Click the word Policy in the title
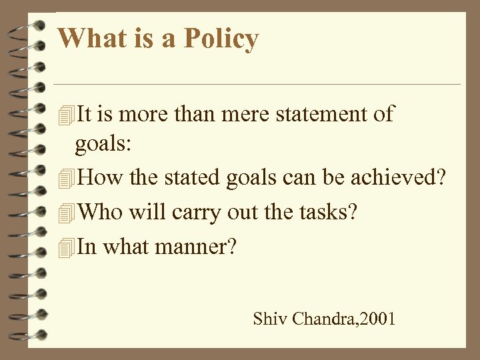(219, 39)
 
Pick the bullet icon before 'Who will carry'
(65, 214)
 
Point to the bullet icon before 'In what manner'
(65, 248)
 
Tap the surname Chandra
(323, 319)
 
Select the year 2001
(377, 319)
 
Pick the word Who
(98, 213)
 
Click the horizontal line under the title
(257, 85)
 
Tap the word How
(99, 179)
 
